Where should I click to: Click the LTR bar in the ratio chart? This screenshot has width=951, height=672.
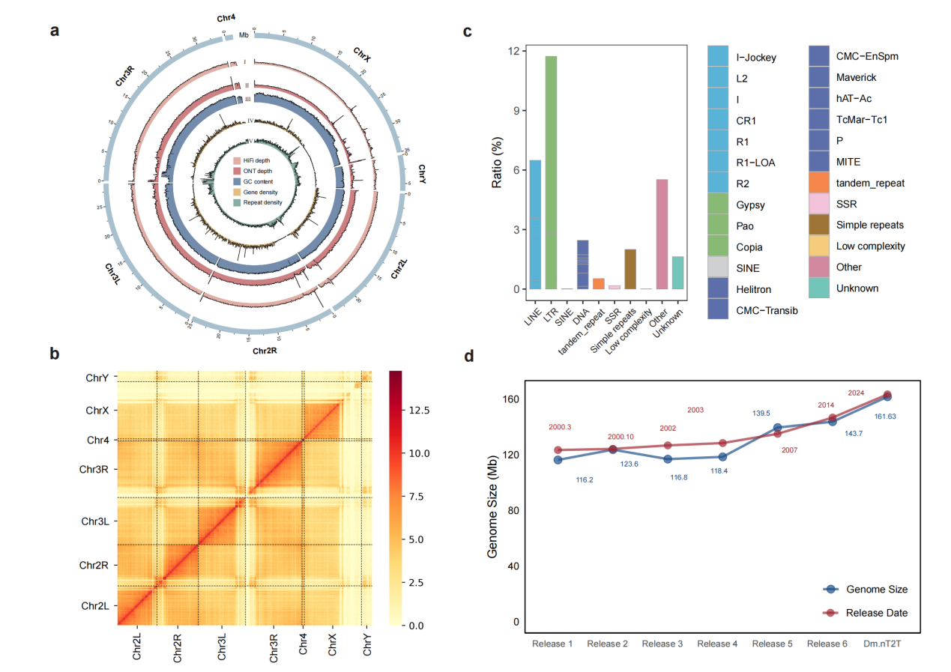coord(551,172)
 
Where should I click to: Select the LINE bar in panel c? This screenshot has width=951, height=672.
coord(535,225)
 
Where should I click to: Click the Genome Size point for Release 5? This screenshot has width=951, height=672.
coord(777,428)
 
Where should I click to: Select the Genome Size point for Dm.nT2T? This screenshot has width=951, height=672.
coord(887,396)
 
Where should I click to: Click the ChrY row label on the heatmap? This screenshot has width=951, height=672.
coord(97,378)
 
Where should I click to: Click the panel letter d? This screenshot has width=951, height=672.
coord(468,356)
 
